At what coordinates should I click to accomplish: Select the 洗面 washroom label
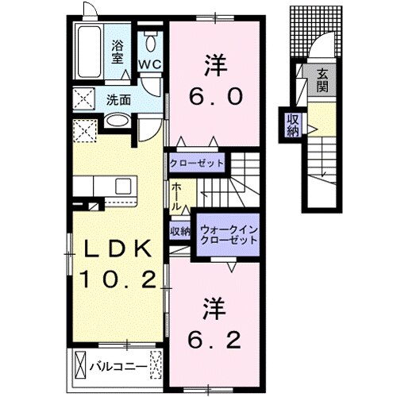coord(119,100)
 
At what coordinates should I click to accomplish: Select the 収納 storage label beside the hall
coord(180,232)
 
